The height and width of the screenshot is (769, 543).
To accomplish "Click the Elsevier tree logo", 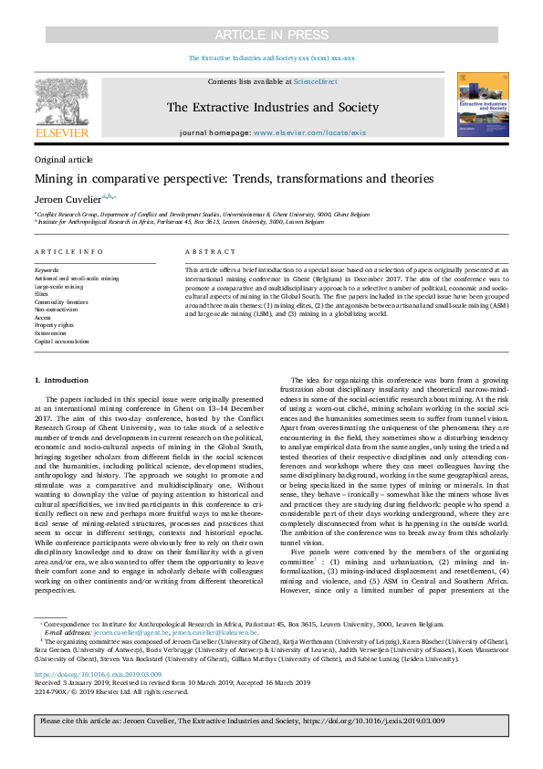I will click(61, 102).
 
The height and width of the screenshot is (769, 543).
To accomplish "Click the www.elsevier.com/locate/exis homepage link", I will click(309, 132).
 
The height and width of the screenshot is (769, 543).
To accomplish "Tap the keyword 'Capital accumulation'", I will click(61, 341).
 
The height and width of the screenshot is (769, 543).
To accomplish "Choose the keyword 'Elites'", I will click(43, 294).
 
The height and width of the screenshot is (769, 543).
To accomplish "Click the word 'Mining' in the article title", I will click(54, 178).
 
